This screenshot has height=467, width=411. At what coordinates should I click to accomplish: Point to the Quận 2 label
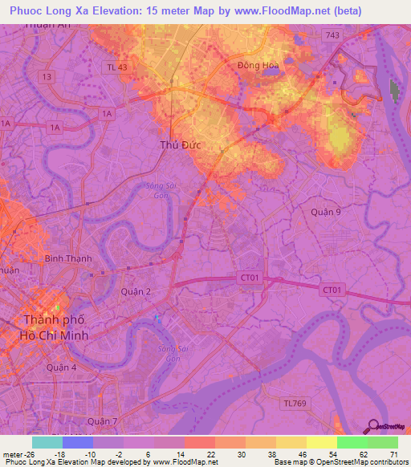[136, 292]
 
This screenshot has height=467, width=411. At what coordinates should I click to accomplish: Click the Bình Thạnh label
[68, 258]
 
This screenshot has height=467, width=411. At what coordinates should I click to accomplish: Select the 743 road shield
[332, 35]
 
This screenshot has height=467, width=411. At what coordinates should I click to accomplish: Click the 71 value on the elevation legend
[393, 454]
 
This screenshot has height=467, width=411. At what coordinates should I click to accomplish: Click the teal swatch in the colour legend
[47, 442]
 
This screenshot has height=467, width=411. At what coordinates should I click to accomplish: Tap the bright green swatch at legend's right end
[383, 442]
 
